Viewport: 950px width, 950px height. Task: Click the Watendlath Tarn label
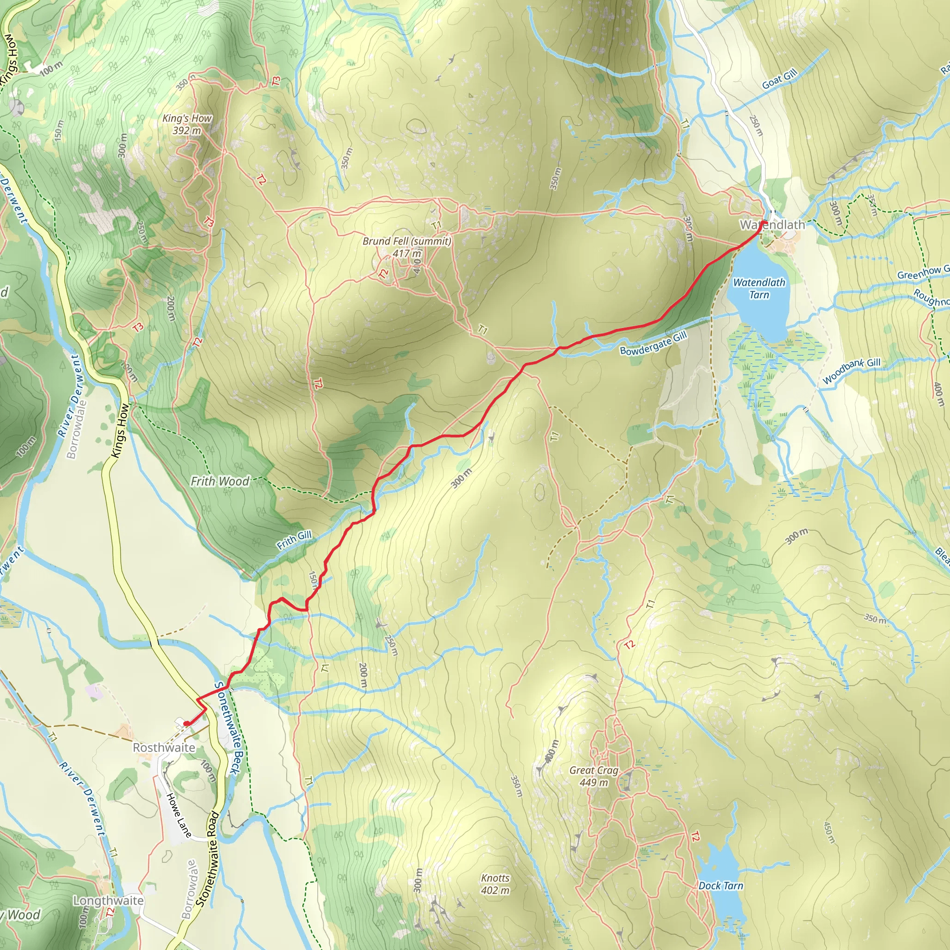click(x=759, y=289)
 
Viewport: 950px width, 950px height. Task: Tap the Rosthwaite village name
click(x=164, y=747)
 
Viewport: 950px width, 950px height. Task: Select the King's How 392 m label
click(x=187, y=124)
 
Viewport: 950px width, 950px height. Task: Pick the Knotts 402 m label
click(x=495, y=884)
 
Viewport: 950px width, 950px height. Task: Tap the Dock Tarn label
click(x=720, y=886)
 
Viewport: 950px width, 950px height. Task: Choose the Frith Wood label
click(x=220, y=481)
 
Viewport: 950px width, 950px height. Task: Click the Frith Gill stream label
click(x=294, y=540)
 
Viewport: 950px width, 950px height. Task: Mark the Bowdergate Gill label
click(x=653, y=343)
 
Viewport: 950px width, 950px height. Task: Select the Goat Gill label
click(x=779, y=79)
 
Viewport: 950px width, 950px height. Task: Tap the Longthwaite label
click(x=108, y=900)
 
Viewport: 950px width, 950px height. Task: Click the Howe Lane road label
click(x=179, y=815)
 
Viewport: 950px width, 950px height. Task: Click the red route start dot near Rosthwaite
click(x=187, y=723)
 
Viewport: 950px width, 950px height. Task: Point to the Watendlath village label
click(x=772, y=225)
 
